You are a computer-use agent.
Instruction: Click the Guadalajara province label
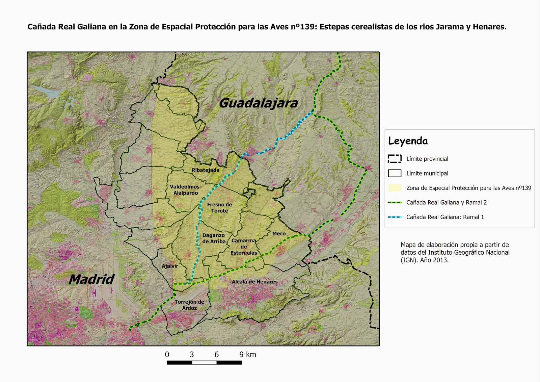pyautogui.click(x=259, y=103)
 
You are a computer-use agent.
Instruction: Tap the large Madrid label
pyautogui.click(x=92, y=279)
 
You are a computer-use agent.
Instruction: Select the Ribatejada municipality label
pyautogui.click(x=206, y=170)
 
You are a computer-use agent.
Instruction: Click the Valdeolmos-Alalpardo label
pyautogui.click(x=185, y=190)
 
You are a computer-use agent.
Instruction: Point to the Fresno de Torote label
pyautogui.click(x=219, y=207)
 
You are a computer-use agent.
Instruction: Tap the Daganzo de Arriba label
pyautogui.click(x=214, y=238)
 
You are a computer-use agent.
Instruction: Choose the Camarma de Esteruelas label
pyautogui.click(x=244, y=247)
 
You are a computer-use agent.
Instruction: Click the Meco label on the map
pyautogui.click(x=279, y=233)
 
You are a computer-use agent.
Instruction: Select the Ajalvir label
pyautogui.click(x=170, y=266)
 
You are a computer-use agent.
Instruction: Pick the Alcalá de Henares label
pyautogui.click(x=254, y=282)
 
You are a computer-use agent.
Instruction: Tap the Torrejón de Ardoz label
pyautogui.click(x=189, y=305)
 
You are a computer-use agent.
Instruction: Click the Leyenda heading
pyautogui.click(x=408, y=141)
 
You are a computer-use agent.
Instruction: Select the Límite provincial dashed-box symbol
pyautogui.click(x=395, y=159)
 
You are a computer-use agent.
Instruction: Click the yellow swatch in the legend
pyautogui.click(x=395, y=188)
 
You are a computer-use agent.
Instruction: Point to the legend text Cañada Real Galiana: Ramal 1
pyautogui.click(x=445, y=217)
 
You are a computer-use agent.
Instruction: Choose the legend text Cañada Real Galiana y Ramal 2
pyautogui.click(x=446, y=203)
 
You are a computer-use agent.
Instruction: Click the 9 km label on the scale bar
pyautogui.click(x=248, y=355)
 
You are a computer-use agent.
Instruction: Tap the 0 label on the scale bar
pyautogui.click(x=167, y=355)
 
